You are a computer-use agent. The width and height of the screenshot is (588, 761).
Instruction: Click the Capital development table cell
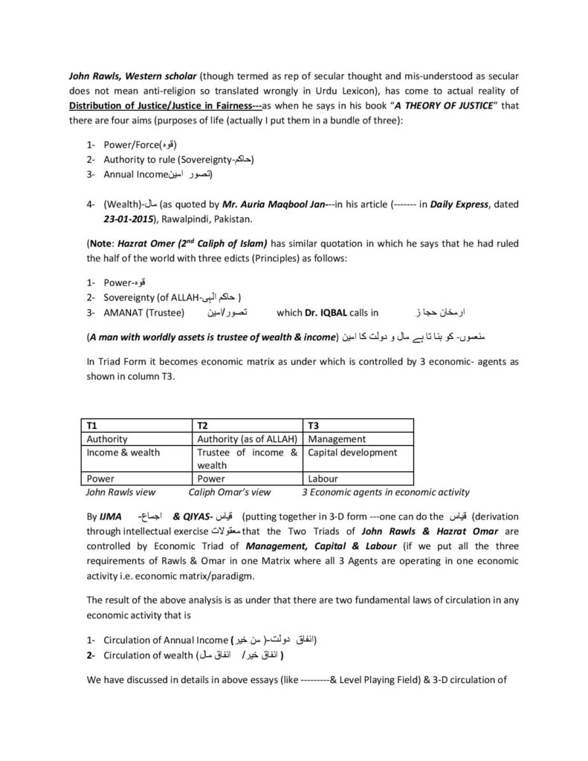pyautogui.click(x=352, y=452)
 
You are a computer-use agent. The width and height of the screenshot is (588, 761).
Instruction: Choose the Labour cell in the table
pyautogui.click(x=323, y=479)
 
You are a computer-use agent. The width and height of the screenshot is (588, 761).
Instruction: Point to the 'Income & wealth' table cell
pyautogui.click(x=123, y=452)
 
